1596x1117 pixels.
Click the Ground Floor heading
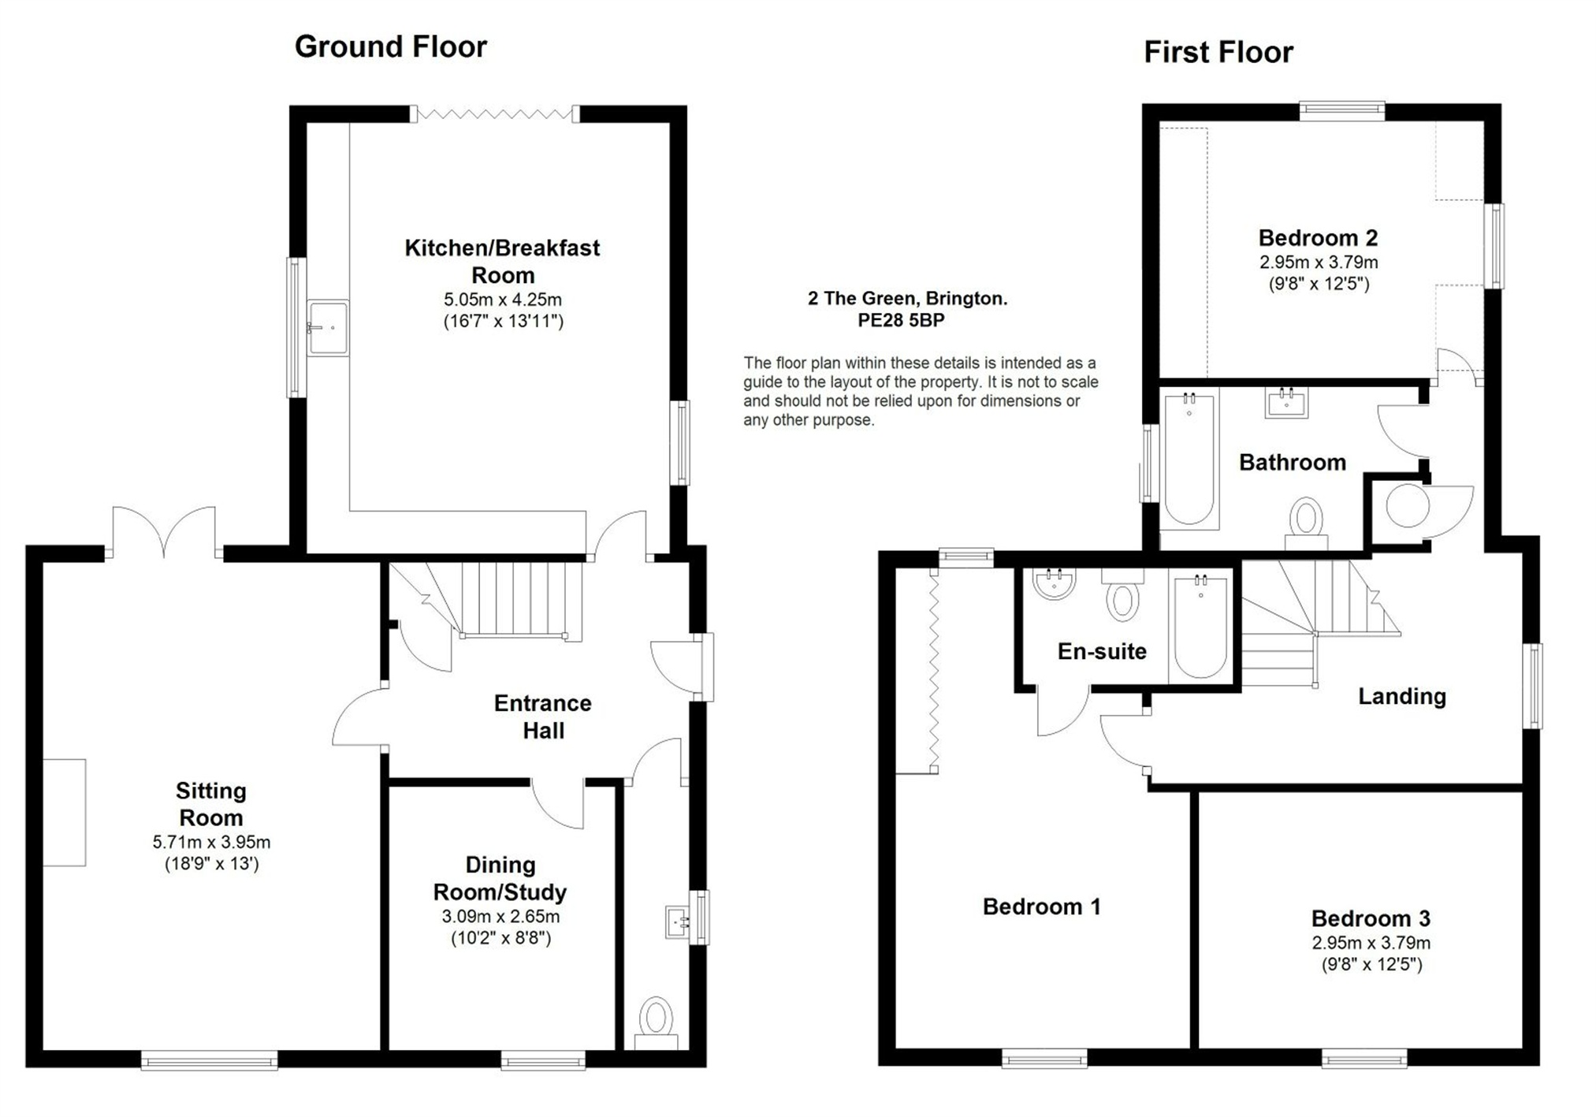pos(390,47)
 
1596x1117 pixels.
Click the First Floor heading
pos(1218,53)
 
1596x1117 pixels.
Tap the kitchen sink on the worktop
pos(327,327)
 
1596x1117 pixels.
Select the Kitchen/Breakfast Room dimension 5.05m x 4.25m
pos(503,300)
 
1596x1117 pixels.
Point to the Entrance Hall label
pos(542,717)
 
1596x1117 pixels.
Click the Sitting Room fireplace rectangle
pos(64,812)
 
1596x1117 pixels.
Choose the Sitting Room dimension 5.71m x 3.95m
pos(211,842)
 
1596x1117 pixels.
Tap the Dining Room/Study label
pos(500,878)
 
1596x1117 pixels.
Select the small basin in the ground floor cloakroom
pos(677,921)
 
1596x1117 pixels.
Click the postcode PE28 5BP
pos(901,321)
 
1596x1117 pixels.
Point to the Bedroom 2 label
pos(1318,237)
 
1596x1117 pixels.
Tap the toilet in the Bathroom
pos(1306,520)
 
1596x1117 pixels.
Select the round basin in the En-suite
pos(1054,585)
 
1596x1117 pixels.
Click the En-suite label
pos(1101,651)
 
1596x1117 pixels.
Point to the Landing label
pos(1401,696)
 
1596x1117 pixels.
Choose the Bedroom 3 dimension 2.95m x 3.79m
pos(1371,943)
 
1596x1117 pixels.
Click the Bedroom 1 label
pos(1041,907)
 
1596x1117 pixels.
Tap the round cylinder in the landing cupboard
pos(1407,506)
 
